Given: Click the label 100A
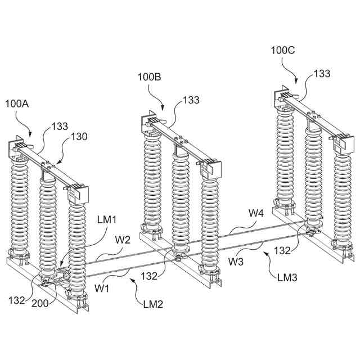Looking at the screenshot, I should point(17,103).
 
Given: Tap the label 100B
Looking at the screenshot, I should point(149,77).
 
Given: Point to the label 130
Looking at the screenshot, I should point(79,137).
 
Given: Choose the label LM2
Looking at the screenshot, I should point(152,304).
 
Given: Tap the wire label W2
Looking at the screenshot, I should point(123,240).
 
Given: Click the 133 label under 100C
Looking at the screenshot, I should point(322,74).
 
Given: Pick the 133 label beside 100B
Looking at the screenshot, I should point(191,100).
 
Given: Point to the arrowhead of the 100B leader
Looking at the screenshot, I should point(163,109).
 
